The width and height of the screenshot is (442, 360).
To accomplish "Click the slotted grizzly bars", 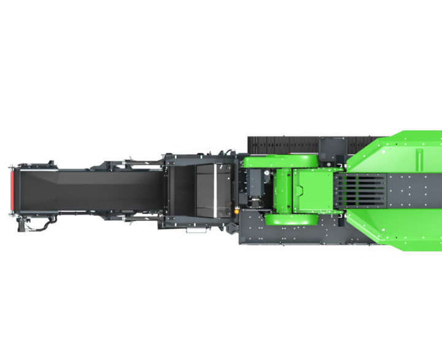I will (362, 190).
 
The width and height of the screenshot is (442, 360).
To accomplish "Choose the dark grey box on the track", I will (332, 149).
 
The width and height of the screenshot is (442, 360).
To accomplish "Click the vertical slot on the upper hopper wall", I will (419, 159).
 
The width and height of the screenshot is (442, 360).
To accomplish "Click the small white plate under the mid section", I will (196, 232).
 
